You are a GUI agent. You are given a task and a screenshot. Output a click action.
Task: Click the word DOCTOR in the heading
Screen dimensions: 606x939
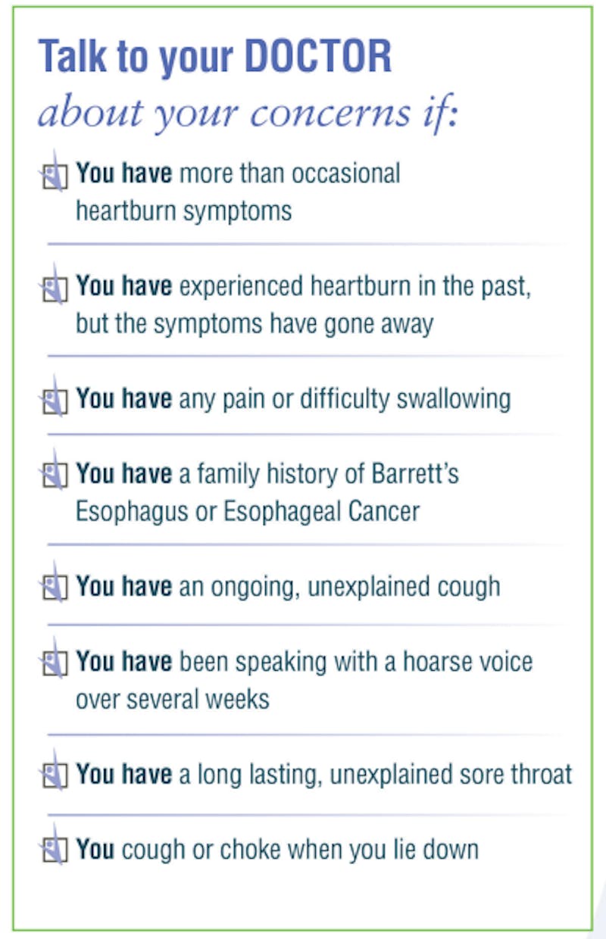pos(318,56)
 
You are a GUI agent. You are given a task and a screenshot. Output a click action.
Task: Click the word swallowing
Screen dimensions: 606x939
pos(454,400)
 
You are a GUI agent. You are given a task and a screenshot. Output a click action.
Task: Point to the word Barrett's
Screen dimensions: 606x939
pos(415,473)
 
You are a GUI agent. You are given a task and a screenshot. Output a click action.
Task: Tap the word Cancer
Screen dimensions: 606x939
pos(384,511)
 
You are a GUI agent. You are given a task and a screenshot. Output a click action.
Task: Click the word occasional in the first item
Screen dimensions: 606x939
pos(346,173)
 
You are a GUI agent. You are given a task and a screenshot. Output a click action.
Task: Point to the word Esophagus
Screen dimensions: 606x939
pos(132,512)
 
